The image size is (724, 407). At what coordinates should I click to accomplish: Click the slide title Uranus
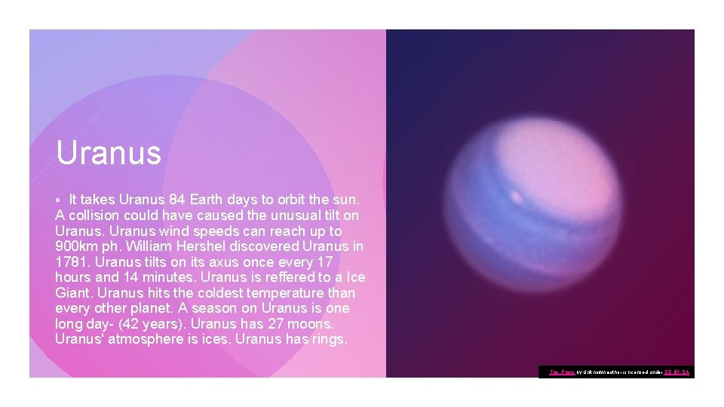click(x=109, y=152)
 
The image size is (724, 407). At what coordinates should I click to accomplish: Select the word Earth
click(x=209, y=200)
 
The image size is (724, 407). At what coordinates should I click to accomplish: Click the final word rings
click(x=326, y=340)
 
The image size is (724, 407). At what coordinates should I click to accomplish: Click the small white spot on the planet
click(x=518, y=197)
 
